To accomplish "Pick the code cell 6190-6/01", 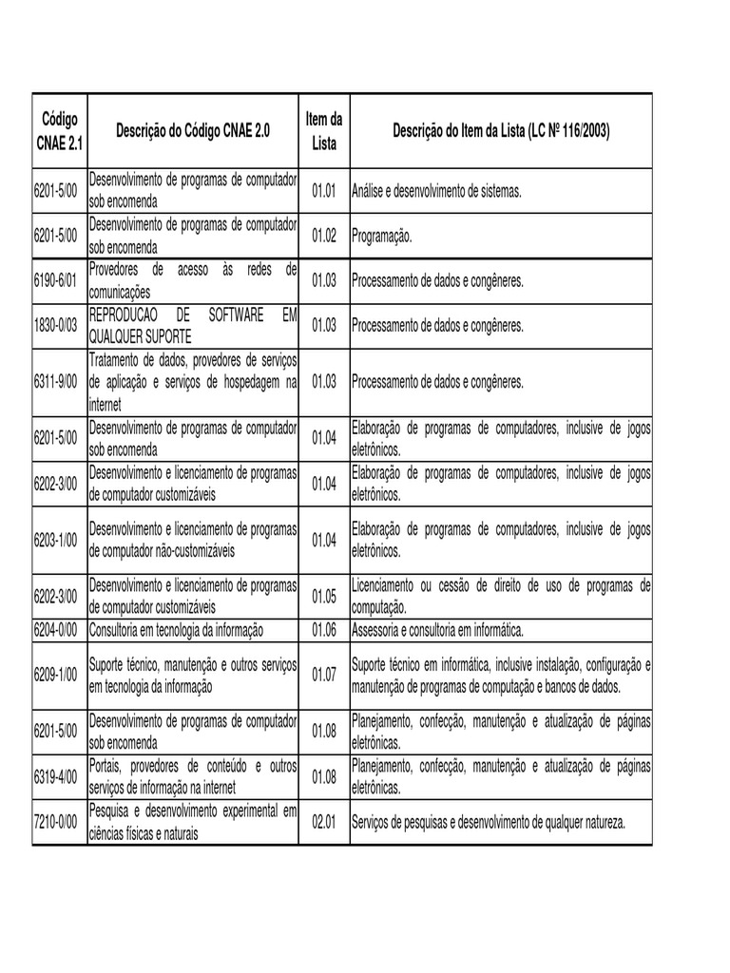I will pyautogui.click(x=59, y=281).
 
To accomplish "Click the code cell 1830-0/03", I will pyautogui.click(x=59, y=326).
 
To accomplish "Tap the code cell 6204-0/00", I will pyautogui.click(x=59, y=629).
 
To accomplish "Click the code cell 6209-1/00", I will pyautogui.click(x=59, y=674).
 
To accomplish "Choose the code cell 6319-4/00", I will pyautogui.click(x=59, y=776).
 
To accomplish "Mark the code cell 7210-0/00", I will pyautogui.click(x=59, y=823).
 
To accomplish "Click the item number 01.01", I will pyautogui.click(x=324, y=192).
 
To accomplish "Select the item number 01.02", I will pyautogui.click(x=324, y=237).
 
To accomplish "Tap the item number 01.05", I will pyautogui.click(x=324, y=596).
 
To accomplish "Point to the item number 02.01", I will pyautogui.click(x=324, y=823).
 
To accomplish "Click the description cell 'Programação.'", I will pyautogui.click(x=382, y=237).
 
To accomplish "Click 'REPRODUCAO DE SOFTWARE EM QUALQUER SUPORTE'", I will pyautogui.click(x=193, y=326).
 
